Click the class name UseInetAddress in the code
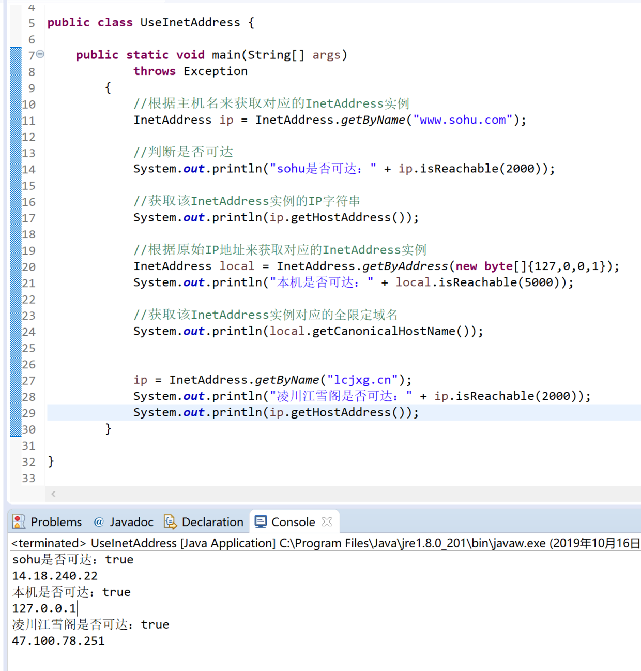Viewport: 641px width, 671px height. [x=190, y=22]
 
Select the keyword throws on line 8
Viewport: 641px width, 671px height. [x=155, y=71]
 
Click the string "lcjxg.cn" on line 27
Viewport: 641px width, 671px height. [x=362, y=380]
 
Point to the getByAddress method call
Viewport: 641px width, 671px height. [x=405, y=266]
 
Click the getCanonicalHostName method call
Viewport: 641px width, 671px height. [x=384, y=332]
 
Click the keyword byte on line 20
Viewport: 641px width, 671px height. [x=498, y=266]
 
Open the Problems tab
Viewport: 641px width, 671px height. [x=47, y=521]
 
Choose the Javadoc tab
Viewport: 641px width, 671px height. [x=124, y=521]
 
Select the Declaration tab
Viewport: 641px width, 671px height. [x=204, y=521]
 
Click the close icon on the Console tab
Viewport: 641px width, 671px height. [x=327, y=521]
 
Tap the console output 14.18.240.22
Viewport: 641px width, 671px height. [x=55, y=576]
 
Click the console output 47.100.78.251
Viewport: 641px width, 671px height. [x=58, y=640]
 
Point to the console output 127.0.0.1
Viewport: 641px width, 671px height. [x=44, y=608]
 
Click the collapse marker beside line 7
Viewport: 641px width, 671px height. [x=40, y=54]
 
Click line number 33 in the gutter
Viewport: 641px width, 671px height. [x=28, y=478]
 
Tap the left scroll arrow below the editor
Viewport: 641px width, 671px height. [x=53, y=494]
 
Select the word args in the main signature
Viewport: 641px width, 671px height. [x=326, y=55]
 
